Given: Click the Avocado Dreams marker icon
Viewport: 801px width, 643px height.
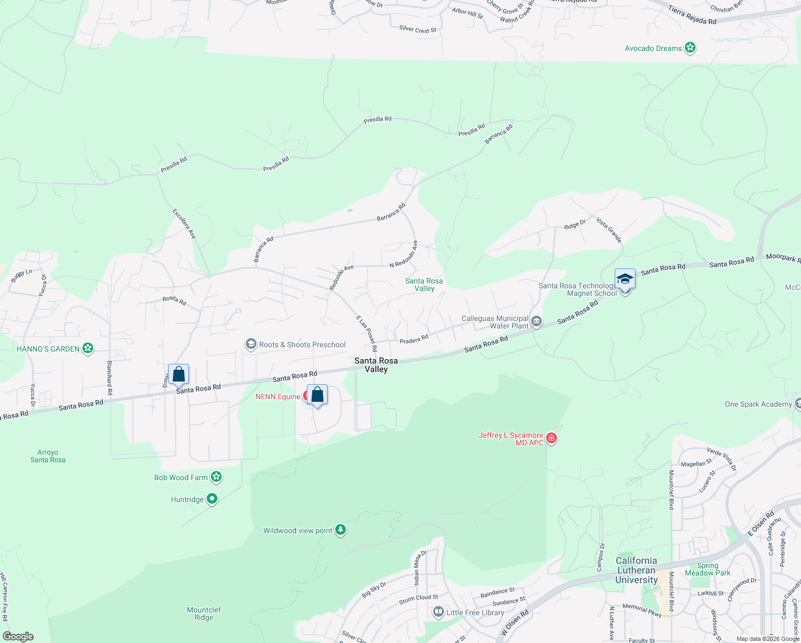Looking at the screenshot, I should point(690,48).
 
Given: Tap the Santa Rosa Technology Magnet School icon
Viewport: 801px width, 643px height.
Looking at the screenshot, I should point(625,280).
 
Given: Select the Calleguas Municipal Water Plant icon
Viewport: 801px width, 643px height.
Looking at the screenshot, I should point(536,322).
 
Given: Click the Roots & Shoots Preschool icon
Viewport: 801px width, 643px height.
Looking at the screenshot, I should point(251,345).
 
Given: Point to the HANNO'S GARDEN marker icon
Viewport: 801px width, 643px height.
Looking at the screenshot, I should point(88,349).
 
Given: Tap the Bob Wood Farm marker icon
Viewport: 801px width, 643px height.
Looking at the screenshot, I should point(216,477).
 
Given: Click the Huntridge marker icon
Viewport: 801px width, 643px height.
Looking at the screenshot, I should point(212,499).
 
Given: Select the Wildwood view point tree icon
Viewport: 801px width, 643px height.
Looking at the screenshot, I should point(341,530).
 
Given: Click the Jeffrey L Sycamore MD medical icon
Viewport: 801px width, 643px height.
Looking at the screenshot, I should point(551,439).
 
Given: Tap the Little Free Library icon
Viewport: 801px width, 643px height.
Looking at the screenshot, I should point(439,612).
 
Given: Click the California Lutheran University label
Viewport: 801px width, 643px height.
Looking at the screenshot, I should point(636,570).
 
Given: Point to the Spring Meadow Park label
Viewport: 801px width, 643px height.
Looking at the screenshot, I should point(707,569).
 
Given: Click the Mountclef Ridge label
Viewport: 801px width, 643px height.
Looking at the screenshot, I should point(203,614).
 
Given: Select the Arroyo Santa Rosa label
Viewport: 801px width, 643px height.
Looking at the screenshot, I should point(48,456).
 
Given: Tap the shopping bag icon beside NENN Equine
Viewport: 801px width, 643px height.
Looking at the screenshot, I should point(317,395).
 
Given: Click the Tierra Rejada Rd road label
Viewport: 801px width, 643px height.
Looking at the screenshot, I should point(692,15).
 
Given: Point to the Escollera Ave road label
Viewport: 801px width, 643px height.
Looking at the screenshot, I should point(184,223).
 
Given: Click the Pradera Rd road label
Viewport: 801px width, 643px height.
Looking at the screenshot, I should point(414,339).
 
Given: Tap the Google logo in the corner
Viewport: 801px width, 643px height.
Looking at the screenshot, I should point(18,637).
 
